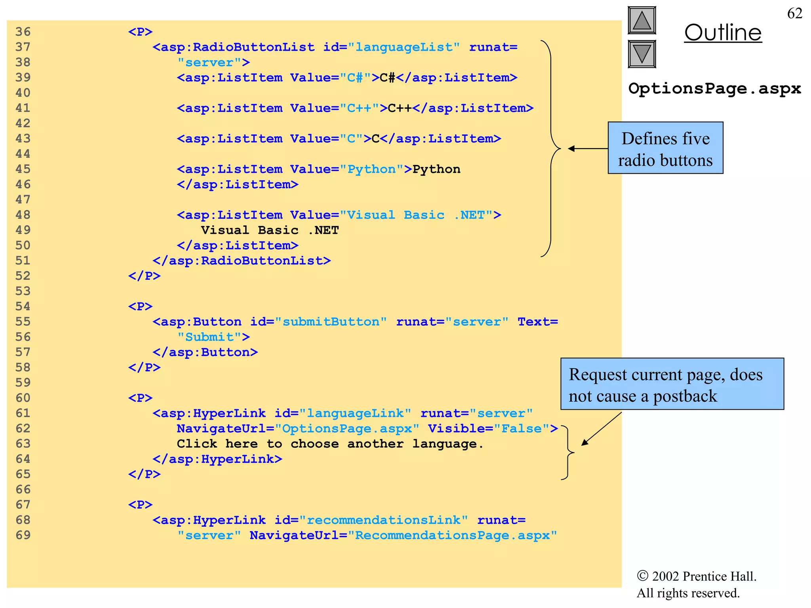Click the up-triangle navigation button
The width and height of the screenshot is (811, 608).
[642, 20]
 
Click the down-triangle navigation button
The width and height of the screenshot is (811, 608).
[642, 54]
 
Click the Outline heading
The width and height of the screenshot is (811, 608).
[723, 33]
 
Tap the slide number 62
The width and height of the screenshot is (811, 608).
[794, 13]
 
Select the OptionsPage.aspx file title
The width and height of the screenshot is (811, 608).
[714, 89]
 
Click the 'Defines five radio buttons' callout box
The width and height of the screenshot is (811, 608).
[665, 148]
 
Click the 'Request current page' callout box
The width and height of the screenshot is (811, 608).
[672, 384]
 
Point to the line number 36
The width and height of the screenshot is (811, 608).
[23, 32]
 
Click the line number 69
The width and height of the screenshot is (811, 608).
[23, 535]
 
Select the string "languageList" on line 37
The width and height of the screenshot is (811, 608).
[404, 47]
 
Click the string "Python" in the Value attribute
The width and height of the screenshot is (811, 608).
[371, 169]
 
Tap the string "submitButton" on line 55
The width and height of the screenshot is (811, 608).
[331, 322]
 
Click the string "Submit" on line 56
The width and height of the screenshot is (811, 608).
[209, 337]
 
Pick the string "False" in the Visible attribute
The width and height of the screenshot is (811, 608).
[521, 429]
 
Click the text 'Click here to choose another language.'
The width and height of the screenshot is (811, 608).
[330, 444]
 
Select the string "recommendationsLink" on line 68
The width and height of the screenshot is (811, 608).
[383, 520]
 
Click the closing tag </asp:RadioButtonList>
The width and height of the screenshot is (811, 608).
[242, 261]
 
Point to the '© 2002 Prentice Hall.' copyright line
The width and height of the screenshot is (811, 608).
[697, 576]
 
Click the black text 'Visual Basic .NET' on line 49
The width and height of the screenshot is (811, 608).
[270, 230]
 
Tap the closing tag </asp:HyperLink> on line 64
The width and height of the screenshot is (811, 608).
[217, 459]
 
